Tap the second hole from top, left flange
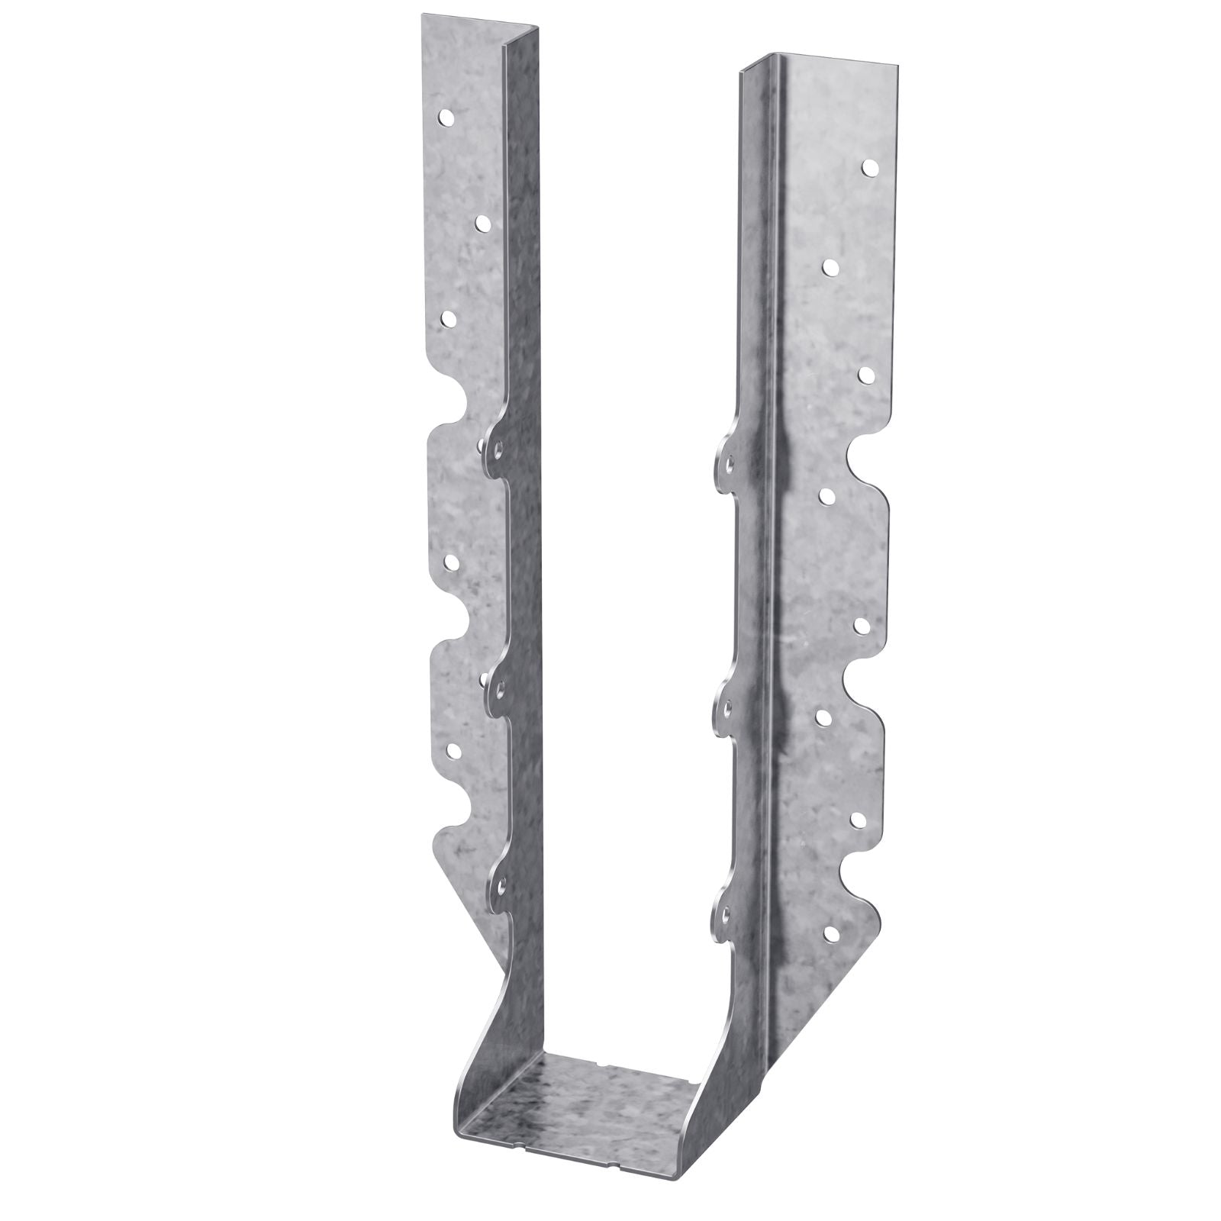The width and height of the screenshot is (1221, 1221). pos(483,222)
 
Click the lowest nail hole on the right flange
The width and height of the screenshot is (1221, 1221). pos(830,933)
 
